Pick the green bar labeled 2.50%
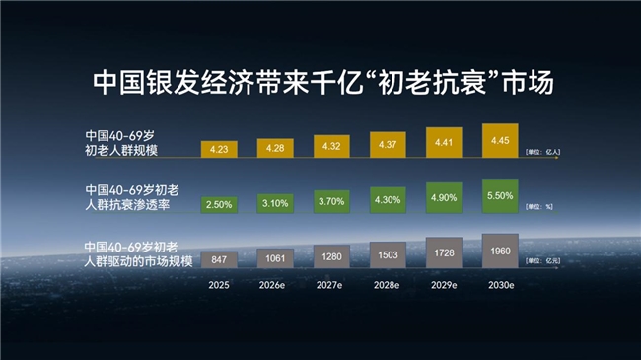pos(219,204)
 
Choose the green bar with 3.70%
pos(332,201)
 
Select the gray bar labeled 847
pos(219,259)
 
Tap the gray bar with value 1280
pos(332,257)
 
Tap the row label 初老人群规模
pos(122,152)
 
